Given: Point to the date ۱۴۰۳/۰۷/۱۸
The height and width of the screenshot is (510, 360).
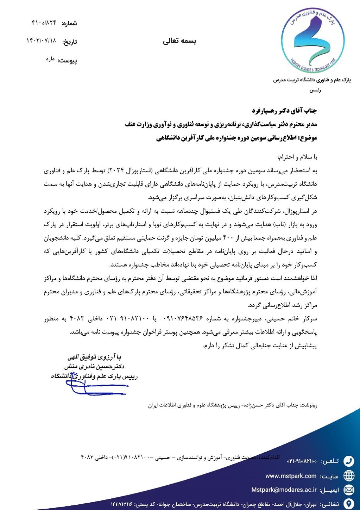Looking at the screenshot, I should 41,41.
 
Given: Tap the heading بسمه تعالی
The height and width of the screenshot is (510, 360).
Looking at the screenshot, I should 179,41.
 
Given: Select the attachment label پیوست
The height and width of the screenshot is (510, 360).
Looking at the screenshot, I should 68,61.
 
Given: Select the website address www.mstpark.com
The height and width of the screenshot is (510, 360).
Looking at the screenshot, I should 291,476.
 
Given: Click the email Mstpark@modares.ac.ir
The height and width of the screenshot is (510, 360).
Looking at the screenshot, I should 284,490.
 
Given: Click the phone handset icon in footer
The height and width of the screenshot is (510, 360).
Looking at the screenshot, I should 348,461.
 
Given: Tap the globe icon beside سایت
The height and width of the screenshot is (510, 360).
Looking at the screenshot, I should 348,475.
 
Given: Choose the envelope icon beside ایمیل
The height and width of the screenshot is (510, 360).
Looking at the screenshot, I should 348,490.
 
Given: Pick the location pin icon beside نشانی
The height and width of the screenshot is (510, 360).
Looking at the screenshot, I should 348,503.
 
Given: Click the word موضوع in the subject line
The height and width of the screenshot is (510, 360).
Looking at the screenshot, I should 308,138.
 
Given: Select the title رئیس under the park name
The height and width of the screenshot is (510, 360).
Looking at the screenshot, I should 315,90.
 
